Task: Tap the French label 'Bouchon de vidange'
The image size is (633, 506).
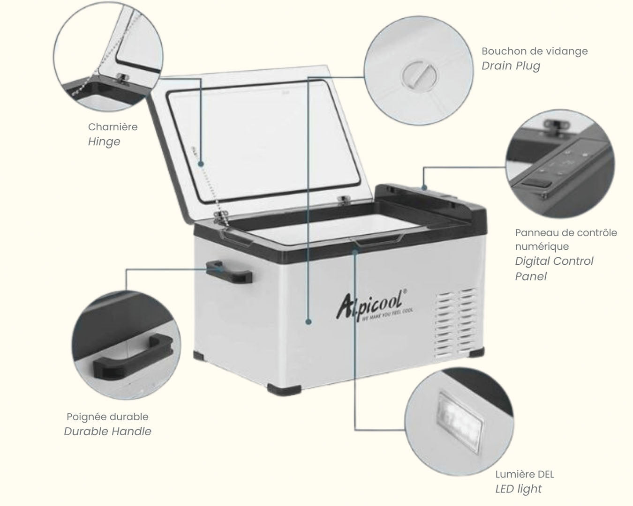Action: point(535,51)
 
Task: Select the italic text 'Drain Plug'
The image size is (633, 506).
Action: point(511,66)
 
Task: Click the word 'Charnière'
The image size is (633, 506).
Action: point(113,127)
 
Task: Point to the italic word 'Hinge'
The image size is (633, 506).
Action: point(104,142)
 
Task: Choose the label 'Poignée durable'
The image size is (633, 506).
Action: point(107,417)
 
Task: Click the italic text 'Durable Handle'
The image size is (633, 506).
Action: point(107,432)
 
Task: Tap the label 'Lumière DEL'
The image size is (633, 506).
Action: point(525,474)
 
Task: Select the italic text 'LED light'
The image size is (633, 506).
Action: point(518,489)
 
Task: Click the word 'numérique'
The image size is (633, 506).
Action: point(542,247)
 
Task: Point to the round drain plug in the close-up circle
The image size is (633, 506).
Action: point(419,75)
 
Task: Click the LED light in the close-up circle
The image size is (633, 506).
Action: point(460,422)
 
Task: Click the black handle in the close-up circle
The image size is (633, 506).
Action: point(133,357)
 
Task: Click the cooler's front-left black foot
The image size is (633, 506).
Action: point(284,390)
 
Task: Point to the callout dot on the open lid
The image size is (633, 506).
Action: point(201,164)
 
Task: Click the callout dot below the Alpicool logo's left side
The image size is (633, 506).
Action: point(308,322)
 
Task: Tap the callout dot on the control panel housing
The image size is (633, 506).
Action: point(424,187)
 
